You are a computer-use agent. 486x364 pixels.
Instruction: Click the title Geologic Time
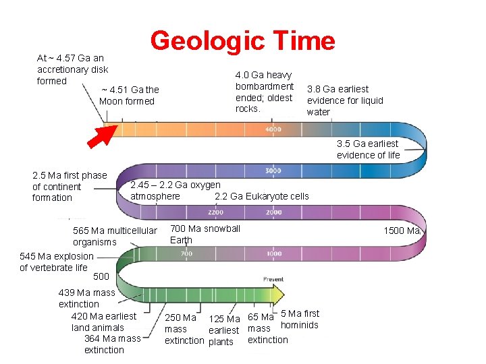(242, 40)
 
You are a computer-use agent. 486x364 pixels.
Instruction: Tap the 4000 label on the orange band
(273, 129)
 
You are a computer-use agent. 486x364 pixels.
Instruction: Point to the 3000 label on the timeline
(273, 171)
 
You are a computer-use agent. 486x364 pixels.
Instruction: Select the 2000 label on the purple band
(273, 212)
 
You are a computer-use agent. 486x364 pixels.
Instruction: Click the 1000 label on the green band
(273, 253)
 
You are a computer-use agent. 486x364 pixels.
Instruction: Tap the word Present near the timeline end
(273, 279)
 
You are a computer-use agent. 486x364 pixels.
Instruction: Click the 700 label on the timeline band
(186, 253)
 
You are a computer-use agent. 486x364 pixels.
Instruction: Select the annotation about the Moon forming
(128, 96)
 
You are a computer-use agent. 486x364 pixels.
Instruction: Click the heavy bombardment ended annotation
(264, 92)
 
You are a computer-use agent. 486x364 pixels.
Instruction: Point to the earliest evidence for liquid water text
(344, 100)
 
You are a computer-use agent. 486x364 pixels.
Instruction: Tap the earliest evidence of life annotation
(368, 149)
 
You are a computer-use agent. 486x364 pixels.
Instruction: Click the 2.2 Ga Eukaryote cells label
(261, 196)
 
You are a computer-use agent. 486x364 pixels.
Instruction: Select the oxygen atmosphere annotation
(175, 190)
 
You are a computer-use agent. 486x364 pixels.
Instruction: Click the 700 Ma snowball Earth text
(205, 234)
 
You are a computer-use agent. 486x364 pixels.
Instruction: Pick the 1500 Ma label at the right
(402, 231)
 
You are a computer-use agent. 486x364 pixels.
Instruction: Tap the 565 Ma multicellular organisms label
(114, 237)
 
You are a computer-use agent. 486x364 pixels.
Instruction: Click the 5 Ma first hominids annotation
(299, 319)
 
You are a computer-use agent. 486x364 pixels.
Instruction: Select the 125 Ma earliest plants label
(224, 330)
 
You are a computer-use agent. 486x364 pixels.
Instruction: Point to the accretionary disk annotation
(72, 69)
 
